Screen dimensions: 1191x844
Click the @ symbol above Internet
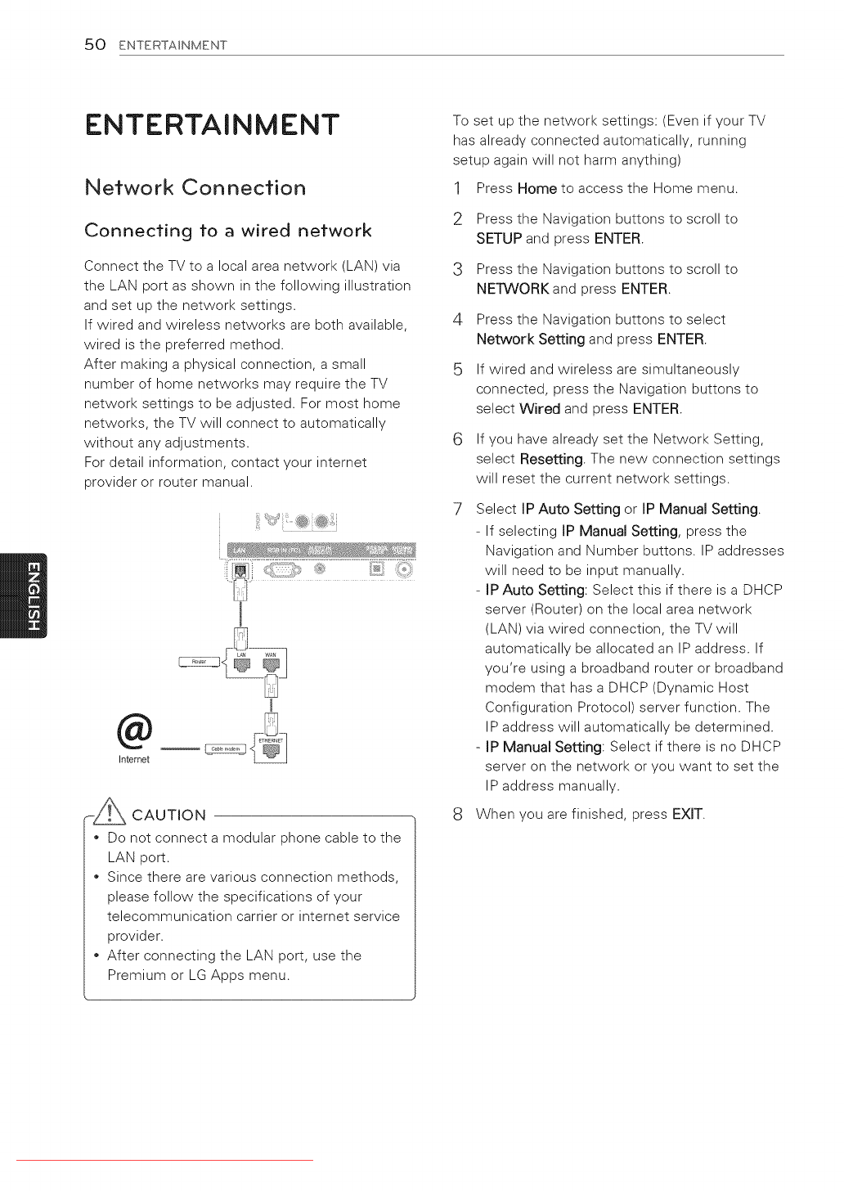(134, 730)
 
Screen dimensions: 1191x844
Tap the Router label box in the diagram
(199, 662)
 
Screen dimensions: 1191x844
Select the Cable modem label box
(225, 748)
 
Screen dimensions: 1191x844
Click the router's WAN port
(271, 665)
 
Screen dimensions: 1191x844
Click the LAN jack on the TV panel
(240, 570)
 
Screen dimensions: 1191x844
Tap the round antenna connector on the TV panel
(404, 569)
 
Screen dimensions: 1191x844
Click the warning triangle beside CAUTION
(109, 811)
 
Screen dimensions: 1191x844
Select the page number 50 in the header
(95, 44)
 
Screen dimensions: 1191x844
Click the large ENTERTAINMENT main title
(212, 125)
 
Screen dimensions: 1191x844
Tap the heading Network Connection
(195, 187)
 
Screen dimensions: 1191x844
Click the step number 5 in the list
(458, 370)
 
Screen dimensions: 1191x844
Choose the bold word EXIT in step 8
(687, 814)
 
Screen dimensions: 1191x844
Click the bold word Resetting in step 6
(551, 459)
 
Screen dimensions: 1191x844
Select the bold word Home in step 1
(536, 189)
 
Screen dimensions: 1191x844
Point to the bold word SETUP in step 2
(499, 239)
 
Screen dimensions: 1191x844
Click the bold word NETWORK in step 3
(513, 289)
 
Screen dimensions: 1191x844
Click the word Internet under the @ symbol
(134, 760)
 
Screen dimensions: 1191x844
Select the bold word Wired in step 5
(540, 409)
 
